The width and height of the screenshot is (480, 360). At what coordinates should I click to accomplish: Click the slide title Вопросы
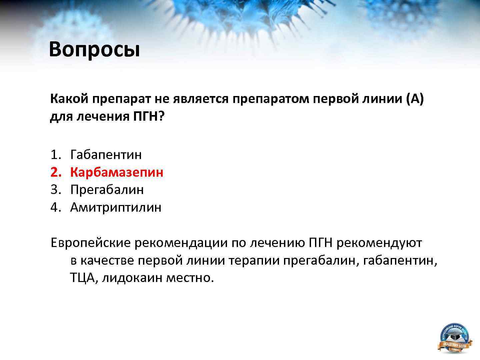pyautogui.click(x=94, y=50)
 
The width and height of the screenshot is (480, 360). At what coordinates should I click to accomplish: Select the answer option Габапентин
pyautogui.click(x=106, y=155)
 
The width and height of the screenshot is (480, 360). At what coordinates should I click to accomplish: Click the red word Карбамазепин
pyautogui.click(x=117, y=172)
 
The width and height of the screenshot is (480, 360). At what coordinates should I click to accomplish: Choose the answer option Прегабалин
pyautogui.click(x=107, y=190)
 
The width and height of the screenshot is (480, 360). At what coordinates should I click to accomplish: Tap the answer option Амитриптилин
pyautogui.click(x=116, y=207)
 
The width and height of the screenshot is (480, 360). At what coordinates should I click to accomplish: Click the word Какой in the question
pyautogui.click(x=69, y=99)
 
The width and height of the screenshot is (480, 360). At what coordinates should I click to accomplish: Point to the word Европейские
pyautogui.click(x=90, y=243)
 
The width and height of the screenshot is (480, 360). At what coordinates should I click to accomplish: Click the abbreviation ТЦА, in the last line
pyautogui.click(x=84, y=278)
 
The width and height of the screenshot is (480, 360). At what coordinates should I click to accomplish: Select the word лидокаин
pyautogui.click(x=132, y=278)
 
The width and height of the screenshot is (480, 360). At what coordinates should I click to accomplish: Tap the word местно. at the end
pyautogui.click(x=190, y=278)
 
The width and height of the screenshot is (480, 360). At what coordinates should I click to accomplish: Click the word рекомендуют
pyautogui.click(x=379, y=243)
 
